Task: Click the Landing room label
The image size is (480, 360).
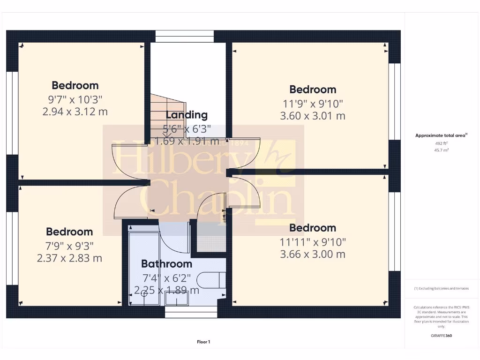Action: [187, 115]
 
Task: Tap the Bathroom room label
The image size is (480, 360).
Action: [166, 264]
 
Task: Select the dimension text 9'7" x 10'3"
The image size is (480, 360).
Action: [75, 99]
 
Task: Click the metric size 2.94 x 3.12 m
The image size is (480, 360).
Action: [75, 112]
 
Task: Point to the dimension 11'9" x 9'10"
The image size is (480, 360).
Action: [313, 103]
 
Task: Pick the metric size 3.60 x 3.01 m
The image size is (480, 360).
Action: [313, 116]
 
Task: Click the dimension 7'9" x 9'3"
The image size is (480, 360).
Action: [69, 245]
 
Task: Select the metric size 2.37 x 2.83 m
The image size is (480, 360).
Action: [69, 258]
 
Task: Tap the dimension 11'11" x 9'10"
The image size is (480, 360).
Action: [313, 242]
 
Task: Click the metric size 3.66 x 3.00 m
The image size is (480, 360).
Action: [313, 255]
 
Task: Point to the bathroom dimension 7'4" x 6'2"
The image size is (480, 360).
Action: [166, 277]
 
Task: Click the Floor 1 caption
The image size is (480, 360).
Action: [203, 342]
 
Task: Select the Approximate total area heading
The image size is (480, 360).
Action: [441, 135]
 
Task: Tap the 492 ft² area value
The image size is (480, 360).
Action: [442, 143]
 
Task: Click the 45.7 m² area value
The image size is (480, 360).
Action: [442, 150]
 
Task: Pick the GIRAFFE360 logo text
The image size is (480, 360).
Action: [442, 336]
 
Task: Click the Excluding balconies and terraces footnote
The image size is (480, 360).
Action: [441, 289]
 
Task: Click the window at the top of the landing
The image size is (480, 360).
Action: [185, 37]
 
